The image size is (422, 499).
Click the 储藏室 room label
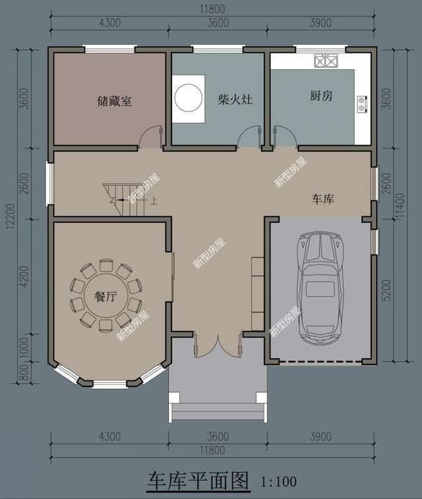(x=114, y=101)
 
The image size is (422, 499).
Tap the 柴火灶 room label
(x=235, y=99)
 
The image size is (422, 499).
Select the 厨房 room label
(x=321, y=96)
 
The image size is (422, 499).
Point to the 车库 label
(x=322, y=198)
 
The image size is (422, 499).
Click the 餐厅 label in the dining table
(x=105, y=297)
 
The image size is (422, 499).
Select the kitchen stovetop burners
(x=326, y=62)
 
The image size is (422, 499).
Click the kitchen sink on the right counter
(x=362, y=103)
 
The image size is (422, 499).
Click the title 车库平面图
(x=198, y=481)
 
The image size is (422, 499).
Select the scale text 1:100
(x=280, y=482)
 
